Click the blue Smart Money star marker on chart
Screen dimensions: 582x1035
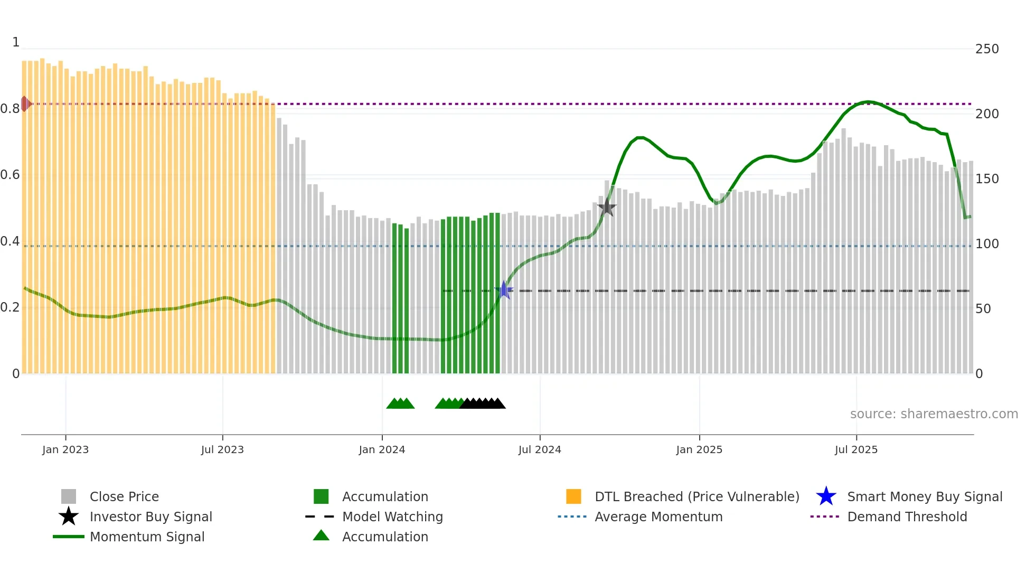pos(504,290)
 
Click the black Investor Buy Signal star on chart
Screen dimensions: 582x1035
pos(607,207)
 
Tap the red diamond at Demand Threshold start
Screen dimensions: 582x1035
pos(25,104)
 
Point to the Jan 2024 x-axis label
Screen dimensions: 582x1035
pos(382,449)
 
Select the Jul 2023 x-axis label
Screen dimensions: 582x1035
pos(222,449)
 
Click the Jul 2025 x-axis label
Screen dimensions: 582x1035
pos(856,449)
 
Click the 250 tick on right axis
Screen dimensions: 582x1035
pos(987,49)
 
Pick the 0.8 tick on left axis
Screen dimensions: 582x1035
pos(10,109)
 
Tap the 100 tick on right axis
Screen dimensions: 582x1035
pos(987,244)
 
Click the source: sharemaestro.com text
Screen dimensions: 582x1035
pos(934,414)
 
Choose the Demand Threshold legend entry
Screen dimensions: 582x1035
pos(907,517)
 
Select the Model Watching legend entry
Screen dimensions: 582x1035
pos(392,517)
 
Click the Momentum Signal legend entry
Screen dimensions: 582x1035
pos(147,537)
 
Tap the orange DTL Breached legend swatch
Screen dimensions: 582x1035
pos(573,496)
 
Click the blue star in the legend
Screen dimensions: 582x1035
pos(826,496)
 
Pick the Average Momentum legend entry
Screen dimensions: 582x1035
pos(658,517)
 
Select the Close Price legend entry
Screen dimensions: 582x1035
pos(124,496)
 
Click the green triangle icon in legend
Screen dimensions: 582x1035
pos(321,536)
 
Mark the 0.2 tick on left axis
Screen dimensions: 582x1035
pos(10,307)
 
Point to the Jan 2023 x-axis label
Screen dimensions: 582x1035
pos(65,449)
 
